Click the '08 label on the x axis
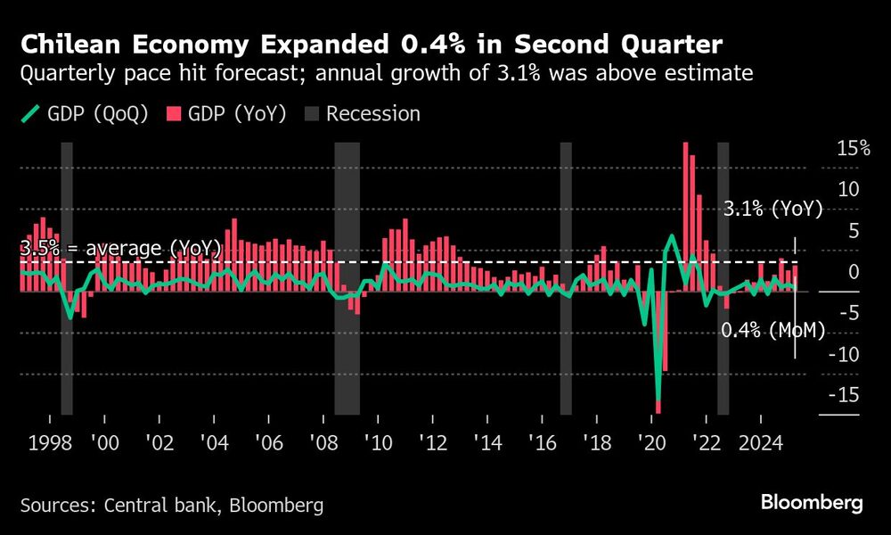[323, 443]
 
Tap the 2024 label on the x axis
[761, 443]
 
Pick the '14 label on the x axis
[487, 443]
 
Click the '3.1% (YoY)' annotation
[772, 210]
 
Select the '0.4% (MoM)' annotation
[772, 330]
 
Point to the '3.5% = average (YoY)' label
[119, 249]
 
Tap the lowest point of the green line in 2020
[658, 403]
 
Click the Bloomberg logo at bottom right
[812, 504]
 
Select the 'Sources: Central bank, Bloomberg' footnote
[171, 506]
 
